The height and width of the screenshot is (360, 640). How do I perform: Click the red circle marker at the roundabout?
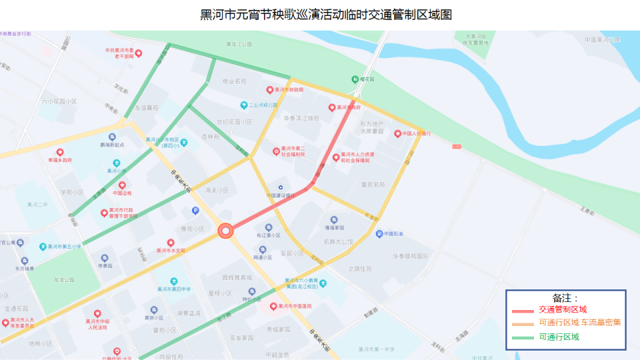(x=225, y=231)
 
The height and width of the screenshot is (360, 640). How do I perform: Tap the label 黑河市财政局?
(x=289, y=89)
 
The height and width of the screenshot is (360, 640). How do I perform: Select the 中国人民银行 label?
(x=417, y=133)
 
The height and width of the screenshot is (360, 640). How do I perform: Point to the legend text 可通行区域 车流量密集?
(x=579, y=323)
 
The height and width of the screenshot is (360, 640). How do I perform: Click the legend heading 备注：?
(x=565, y=298)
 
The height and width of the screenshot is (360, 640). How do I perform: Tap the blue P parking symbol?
(x=195, y=211)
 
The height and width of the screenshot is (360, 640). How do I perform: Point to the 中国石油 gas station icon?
(x=379, y=234)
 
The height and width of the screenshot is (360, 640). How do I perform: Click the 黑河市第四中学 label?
(x=174, y=289)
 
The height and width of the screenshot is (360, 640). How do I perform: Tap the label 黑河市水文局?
(x=170, y=251)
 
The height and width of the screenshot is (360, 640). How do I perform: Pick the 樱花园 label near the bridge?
(x=367, y=79)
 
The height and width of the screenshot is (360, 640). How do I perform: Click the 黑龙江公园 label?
(x=240, y=44)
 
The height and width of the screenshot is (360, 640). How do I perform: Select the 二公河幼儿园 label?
(x=263, y=105)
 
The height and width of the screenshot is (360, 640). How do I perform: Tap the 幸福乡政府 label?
(x=60, y=160)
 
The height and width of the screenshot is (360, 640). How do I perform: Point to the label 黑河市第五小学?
(x=63, y=246)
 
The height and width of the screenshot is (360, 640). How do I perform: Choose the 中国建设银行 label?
(x=280, y=195)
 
